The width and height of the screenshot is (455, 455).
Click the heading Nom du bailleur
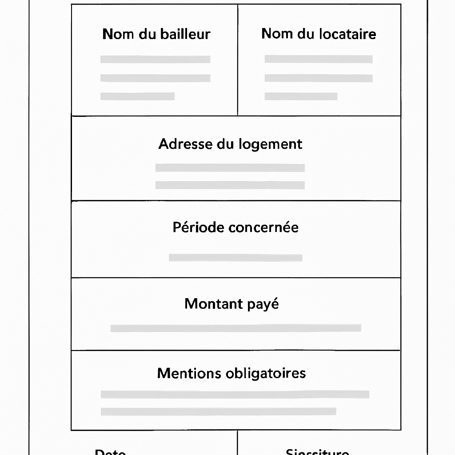click(156, 34)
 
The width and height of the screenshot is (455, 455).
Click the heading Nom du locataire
click(319, 34)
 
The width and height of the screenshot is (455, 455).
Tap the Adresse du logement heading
click(230, 144)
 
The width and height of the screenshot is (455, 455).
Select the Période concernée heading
click(235, 227)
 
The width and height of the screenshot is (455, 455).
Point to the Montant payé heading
click(231, 304)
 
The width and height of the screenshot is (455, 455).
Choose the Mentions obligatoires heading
click(231, 373)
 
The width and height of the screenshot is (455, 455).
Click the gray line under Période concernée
click(235, 258)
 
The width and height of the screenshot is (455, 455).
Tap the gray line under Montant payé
click(235, 328)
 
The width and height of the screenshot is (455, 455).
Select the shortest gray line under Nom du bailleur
click(137, 96)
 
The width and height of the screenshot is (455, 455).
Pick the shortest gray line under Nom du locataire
click(301, 96)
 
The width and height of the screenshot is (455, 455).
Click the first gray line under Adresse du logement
click(230, 168)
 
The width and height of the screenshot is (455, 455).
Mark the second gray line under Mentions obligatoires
click(218, 411)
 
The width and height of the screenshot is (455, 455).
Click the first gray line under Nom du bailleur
click(155, 60)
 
